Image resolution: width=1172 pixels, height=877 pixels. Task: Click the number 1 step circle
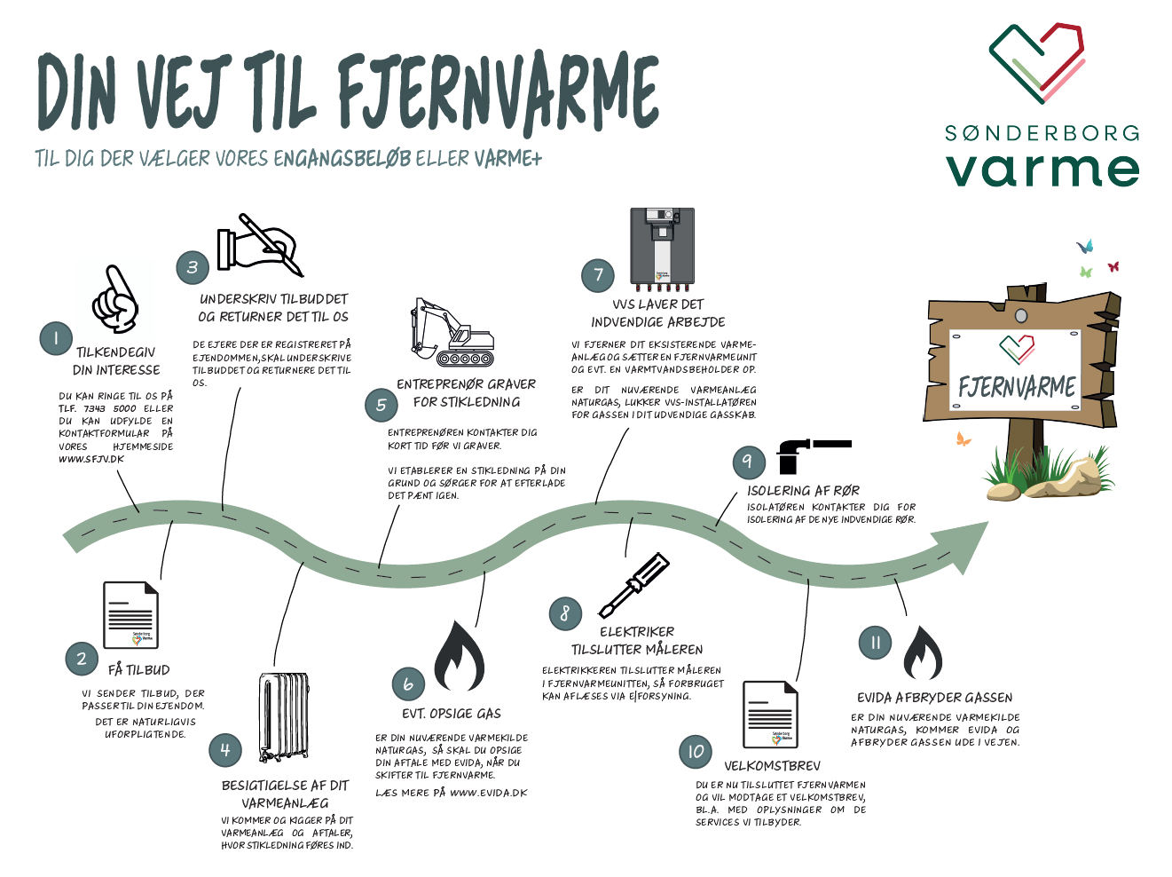[x=56, y=338]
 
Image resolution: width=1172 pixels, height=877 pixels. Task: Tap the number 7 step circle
[x=598, y=275]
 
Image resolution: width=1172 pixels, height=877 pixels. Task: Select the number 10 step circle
[x=696, y=752]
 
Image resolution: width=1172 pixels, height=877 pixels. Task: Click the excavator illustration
[x=452, y=334]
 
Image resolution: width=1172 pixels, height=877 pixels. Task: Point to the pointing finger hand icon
[x=116, y=299]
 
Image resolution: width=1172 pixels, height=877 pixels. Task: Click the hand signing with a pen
[x=260, y=244]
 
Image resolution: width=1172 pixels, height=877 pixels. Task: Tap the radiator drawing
[x=284, y=716]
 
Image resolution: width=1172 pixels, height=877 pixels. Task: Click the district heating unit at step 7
[x=661, y=249]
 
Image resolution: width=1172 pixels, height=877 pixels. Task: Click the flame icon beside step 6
[x=459, y=657]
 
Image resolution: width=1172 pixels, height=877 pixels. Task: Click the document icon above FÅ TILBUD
[x=131, y=614]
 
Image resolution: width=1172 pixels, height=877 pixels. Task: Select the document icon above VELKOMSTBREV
[x=770, y=715]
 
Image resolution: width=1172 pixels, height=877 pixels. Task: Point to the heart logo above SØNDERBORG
[x=1037, y=62]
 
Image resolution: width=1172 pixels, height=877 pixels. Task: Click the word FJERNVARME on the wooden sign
[x=1017, y=387]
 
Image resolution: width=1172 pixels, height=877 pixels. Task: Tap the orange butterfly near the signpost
[x=963, y=438]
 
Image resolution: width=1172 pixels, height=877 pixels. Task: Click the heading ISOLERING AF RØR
[x=803, y=490]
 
